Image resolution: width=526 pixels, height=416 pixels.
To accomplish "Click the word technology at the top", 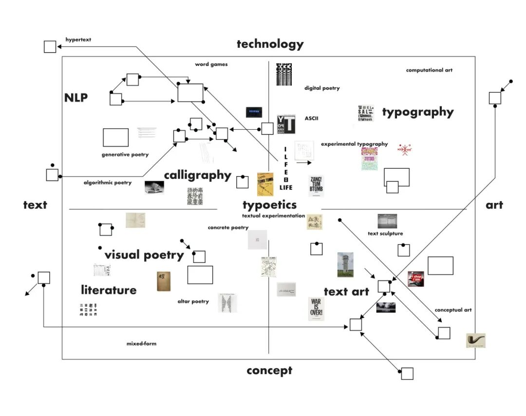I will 270,44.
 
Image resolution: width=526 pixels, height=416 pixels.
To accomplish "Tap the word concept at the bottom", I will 269,371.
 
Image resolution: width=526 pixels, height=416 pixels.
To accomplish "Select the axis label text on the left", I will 35,205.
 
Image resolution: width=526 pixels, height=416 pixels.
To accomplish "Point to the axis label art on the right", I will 494,205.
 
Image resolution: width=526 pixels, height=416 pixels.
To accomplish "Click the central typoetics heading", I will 269,205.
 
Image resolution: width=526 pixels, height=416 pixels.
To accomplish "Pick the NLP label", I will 76,98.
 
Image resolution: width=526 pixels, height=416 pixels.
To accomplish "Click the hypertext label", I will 78,40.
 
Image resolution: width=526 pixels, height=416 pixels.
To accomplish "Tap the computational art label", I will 429,70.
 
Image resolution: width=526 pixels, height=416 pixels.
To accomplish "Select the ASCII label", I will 311,119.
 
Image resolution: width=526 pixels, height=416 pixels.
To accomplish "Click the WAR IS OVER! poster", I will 316,308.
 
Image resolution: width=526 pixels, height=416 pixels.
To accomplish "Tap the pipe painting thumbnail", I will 475,340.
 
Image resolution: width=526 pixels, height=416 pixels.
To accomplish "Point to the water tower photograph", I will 345,265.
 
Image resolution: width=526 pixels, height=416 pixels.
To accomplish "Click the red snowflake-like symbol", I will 404,150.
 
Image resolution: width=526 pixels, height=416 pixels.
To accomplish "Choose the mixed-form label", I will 141,344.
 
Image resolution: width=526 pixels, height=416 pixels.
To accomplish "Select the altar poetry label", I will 193,301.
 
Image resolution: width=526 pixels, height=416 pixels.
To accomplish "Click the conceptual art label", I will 453,310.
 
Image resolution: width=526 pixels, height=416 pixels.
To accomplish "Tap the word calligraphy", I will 197,175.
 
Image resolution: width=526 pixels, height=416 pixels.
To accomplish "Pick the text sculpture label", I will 385,234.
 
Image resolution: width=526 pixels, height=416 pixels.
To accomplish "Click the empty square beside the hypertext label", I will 50,47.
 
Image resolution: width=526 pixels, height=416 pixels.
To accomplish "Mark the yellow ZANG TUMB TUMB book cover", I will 265,184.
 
